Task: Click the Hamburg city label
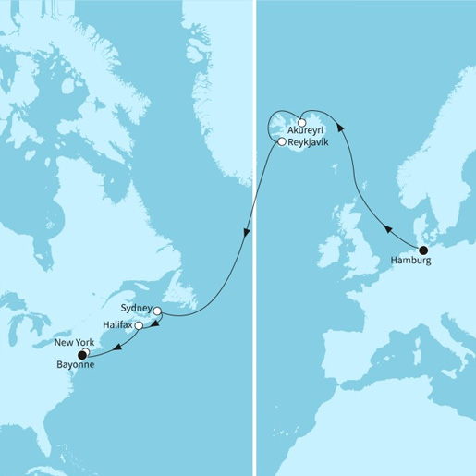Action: [x=411, y=262]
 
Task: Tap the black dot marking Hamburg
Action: [x=423, y=250]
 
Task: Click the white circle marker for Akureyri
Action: [x=302, y=122]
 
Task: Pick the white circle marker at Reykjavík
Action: [x=282, y=142]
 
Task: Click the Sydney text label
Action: [x=136, y=305]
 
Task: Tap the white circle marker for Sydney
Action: [x=157, y=311]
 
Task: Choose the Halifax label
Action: [x=117, y=325]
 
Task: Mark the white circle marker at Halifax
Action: [x=139, y=326]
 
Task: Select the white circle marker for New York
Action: [x=85, y=350]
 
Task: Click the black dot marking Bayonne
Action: [x=82, y=354]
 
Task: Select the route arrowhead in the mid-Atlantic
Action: [x=247, y=236]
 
